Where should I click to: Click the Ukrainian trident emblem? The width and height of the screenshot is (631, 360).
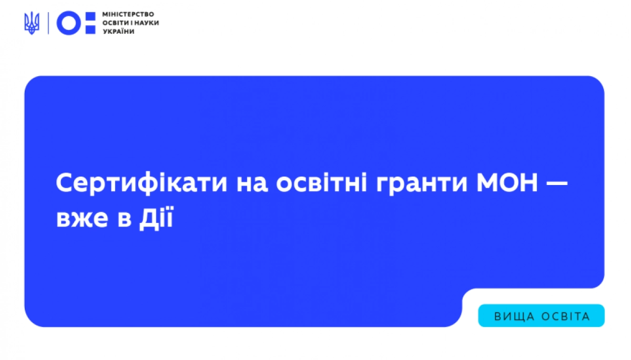point(32,23)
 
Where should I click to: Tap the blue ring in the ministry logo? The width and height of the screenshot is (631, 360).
point(69,23)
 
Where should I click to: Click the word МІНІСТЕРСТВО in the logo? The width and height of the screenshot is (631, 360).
point(125,14)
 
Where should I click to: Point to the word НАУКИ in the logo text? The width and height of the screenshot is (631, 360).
point(147,23)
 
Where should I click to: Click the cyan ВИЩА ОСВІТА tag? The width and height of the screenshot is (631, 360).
point(541,316)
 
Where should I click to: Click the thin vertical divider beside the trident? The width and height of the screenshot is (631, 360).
point(48,23)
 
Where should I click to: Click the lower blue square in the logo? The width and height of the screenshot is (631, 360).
point(90,30)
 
